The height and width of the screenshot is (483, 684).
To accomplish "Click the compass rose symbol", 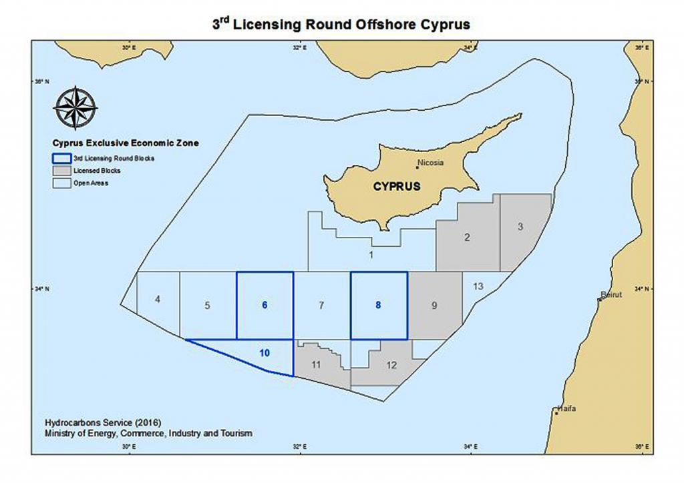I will [x=75, y=108].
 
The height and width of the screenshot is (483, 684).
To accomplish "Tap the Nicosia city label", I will [x=430, y=162].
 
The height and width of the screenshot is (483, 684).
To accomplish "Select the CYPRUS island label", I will [x=397, y=187].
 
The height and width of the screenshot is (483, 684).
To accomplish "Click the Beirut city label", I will [x=611, y=294].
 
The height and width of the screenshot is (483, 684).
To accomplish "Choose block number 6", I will [x=265, y=305].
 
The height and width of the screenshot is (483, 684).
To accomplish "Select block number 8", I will [x=378, y=305].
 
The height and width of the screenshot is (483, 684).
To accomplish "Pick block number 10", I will [x=265, y=352].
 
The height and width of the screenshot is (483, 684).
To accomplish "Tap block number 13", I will [x=478, y=286].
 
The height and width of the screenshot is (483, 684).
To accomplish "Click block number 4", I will [x=157, y=300].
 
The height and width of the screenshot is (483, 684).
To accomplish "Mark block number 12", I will [x=391, y=365].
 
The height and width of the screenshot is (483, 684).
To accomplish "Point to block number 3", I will [x=520, y=227].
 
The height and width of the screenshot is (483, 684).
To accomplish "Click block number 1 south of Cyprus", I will [x=371, y=254].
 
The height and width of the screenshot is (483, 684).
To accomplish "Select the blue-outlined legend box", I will [x=61, y=158].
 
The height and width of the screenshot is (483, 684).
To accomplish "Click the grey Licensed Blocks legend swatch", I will [x=61, y=171].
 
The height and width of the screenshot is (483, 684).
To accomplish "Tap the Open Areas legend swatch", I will [x=61, y=183].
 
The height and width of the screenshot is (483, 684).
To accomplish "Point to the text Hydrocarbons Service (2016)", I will [x=91, y=422].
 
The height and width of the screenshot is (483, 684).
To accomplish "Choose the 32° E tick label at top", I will [x=300, y=48].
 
